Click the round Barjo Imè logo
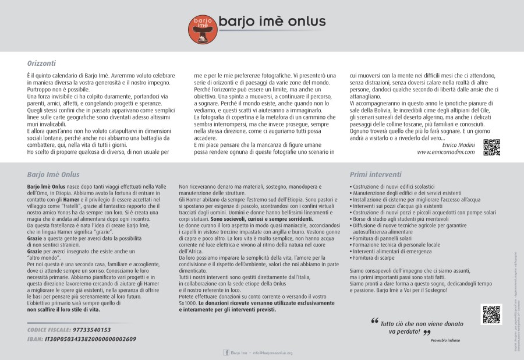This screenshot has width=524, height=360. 201,28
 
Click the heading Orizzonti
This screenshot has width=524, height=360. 41,63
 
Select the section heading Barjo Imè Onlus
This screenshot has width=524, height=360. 53,174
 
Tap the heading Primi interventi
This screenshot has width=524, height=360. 376,174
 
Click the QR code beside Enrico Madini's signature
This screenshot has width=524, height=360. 491,148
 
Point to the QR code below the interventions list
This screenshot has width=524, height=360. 491,314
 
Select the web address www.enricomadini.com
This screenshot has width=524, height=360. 446,152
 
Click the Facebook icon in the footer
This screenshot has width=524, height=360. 226,352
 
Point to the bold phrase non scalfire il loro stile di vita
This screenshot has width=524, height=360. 64,310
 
